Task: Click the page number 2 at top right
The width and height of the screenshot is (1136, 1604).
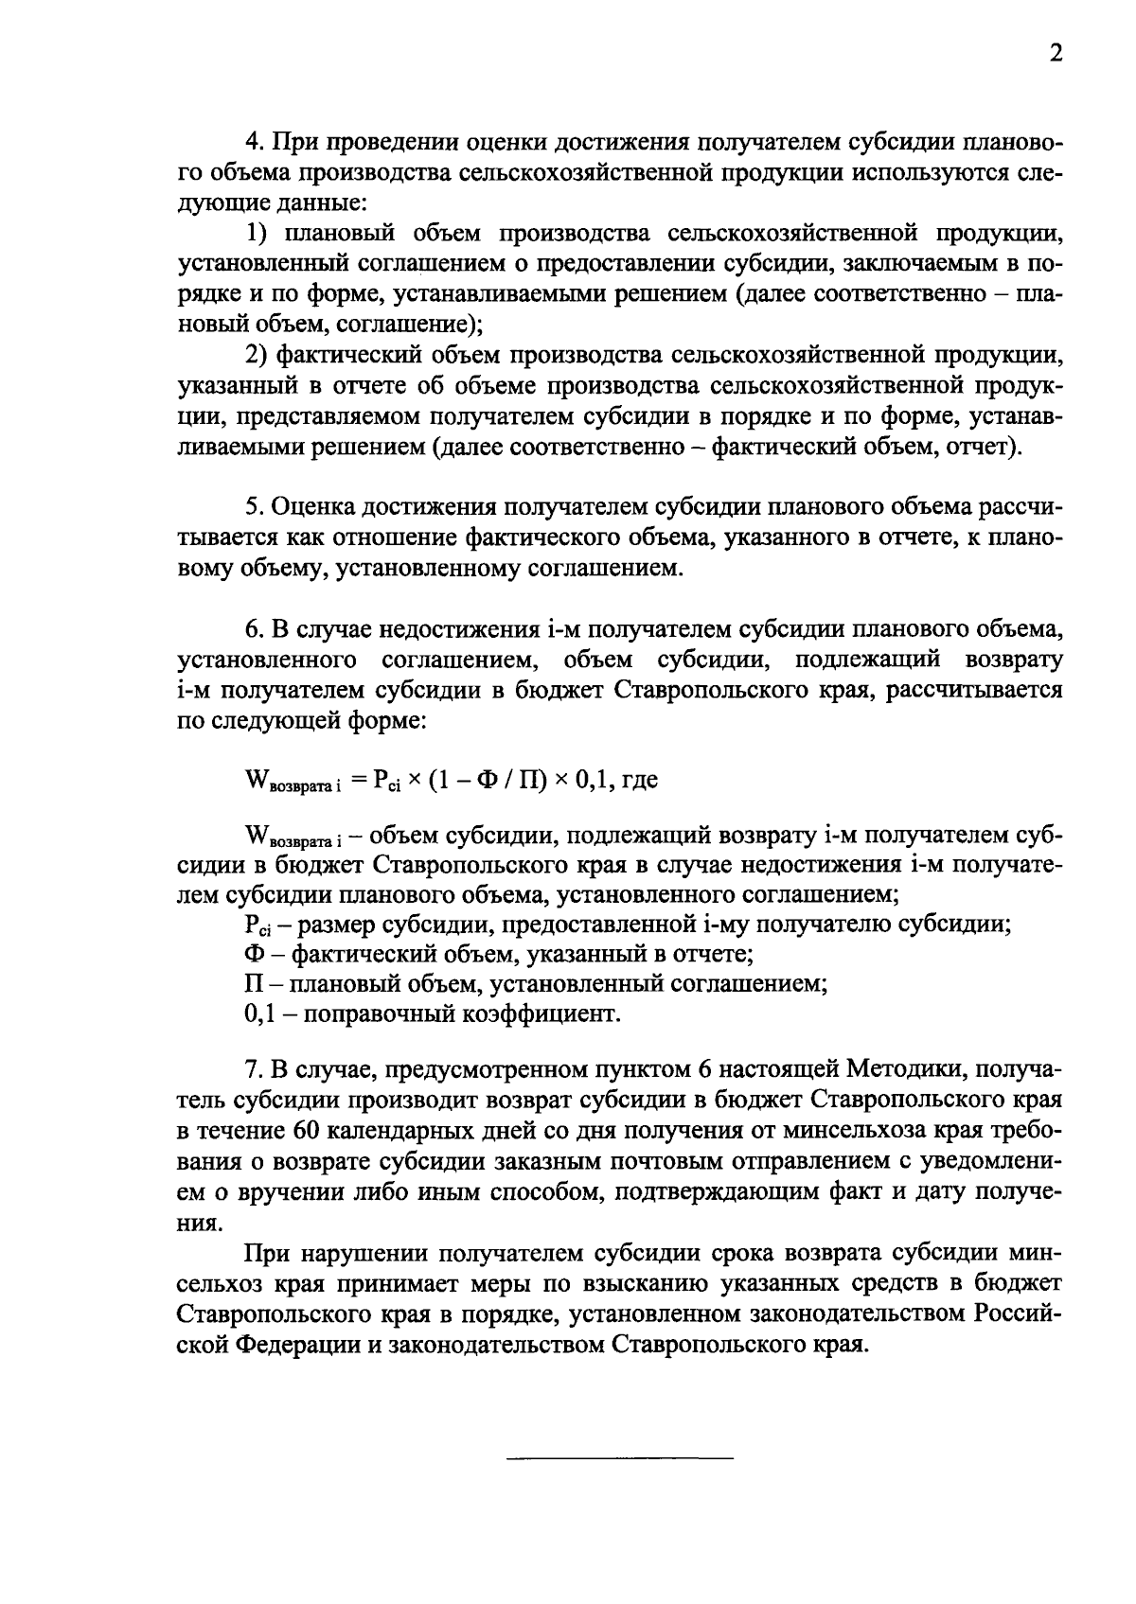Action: [1056, 54]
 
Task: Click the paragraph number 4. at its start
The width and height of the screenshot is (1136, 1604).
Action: [253, 142]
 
